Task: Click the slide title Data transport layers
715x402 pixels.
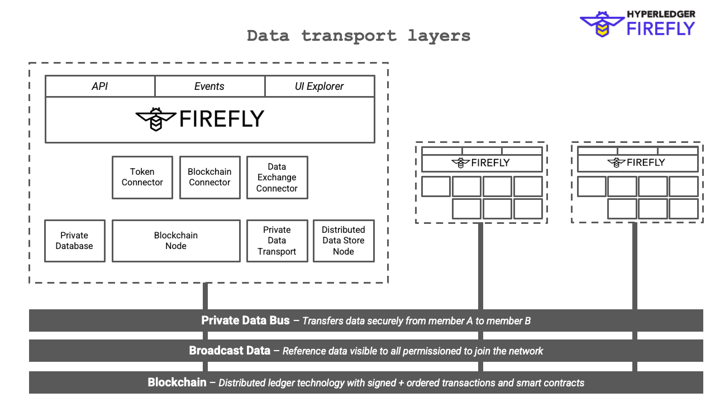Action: point(359,36)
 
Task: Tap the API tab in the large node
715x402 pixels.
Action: point(100,87)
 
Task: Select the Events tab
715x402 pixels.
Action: point(209,87)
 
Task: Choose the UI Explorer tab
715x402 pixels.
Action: point(319,87)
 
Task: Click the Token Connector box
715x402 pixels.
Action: point(142,177)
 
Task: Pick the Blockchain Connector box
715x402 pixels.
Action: point(209,177)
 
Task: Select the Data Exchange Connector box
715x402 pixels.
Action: point(277,177)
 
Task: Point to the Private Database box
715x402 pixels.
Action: point(74,241)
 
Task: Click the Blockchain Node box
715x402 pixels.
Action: point(176,241)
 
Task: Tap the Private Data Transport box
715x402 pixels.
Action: point(277,241)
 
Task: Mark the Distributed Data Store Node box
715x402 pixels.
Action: point(344,241)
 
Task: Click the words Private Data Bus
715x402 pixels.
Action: point(246,320)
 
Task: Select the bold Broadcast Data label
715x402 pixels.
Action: point(230,351)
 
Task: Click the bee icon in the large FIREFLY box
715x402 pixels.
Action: point(156,119)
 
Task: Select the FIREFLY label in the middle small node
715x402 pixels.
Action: point(490,163)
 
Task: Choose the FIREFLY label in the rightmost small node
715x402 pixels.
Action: point(646,162)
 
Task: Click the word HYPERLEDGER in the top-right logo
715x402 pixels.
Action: point(661,14)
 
